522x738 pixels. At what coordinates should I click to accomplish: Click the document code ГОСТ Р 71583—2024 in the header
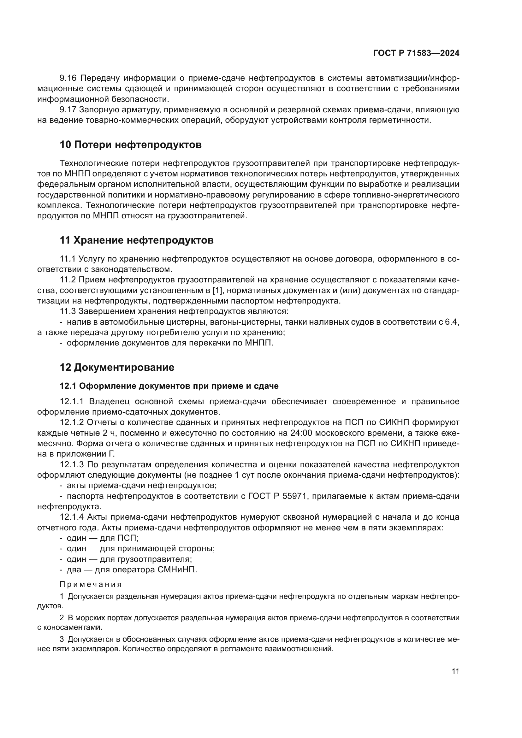point(416,53)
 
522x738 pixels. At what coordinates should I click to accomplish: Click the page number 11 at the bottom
point(455,671)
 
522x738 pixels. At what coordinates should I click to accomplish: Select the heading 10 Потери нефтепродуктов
point(131,145)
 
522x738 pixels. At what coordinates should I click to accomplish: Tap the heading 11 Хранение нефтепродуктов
point(137,240)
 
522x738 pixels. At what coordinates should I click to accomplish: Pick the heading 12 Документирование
point(117,367)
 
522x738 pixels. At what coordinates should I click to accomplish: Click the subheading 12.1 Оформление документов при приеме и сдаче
point(169,386)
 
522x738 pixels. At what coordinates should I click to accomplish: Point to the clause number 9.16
point(68,78)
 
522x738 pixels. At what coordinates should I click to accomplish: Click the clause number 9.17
point(68,110)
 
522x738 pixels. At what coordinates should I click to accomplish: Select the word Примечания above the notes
point(91,584)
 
